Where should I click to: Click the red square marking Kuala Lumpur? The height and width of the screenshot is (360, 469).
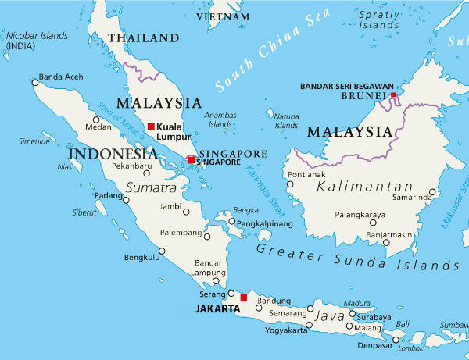(x=151, y=127)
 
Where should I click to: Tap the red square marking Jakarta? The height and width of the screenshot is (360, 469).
(x=243, y=298)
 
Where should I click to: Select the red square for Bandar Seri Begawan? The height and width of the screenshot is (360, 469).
(x=393, y=95)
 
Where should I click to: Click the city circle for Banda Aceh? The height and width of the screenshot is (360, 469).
(x=34, y=80)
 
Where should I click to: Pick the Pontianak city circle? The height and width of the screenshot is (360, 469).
(x=290, y=185)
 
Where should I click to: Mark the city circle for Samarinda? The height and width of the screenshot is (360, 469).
(x=432, y=191)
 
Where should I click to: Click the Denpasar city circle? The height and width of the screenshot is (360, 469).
(x=396, y=339)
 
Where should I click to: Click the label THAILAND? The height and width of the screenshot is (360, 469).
(x=143, y=37)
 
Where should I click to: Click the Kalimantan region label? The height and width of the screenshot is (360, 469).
(x=364, y=187)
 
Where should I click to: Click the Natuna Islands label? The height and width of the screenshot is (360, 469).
(x=286, y=120)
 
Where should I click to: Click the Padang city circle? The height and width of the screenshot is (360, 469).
(x=125, y=200)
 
